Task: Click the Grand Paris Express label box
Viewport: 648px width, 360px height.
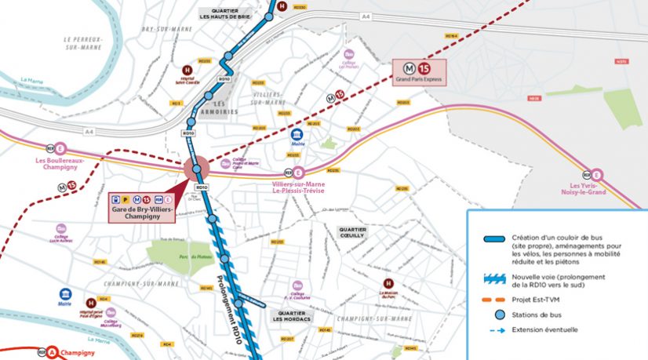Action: click(419, 73)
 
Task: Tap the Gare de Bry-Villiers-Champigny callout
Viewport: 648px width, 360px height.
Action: click(142, 204)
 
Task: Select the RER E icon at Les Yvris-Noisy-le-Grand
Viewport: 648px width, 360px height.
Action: click(596, 175)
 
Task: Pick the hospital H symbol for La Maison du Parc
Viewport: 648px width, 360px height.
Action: click(387, 284)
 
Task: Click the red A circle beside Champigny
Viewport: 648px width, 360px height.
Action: click(52, 353)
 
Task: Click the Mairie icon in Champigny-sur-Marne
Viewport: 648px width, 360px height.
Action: click(66, 294)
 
